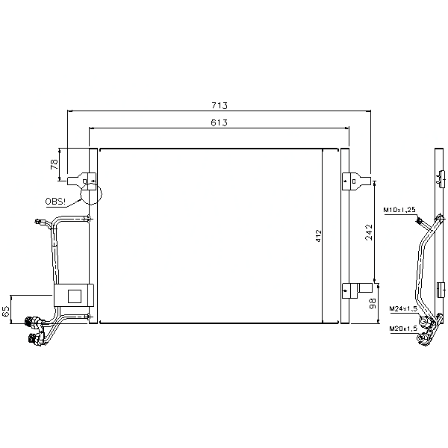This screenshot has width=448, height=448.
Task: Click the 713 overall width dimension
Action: (x=220, y=105)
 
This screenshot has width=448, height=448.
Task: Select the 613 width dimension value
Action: (x=219, y=122)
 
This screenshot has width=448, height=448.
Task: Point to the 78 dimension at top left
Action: (x=55, y=164)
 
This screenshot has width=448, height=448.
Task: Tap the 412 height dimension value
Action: (x=318, y=236)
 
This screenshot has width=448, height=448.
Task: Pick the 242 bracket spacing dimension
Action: (x=369, y=232)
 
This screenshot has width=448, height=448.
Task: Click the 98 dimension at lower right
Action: (x=373, y=304)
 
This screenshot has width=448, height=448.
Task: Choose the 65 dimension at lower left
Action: (x=6, y=311)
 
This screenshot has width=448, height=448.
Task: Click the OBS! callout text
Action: (x=55, y=202)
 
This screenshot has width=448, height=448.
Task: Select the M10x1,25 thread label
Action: (x=399, y=210)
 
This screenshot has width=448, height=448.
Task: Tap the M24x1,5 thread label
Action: (x=403, y=309)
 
